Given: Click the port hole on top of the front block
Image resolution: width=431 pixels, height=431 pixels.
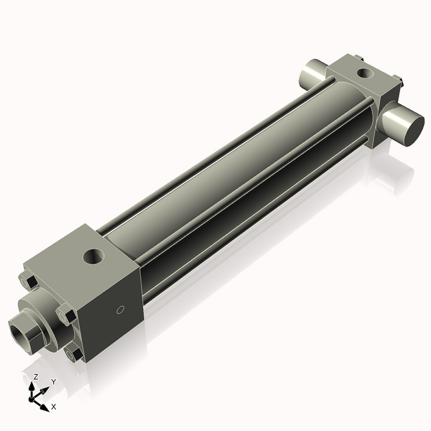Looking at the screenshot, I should pos(94,255).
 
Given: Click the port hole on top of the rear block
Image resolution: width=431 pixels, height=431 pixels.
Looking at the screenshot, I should pos(366,72).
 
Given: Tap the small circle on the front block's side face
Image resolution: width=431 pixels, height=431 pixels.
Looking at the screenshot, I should pos(121,311).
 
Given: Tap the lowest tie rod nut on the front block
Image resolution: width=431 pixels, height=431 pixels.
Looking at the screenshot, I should pos(74,354).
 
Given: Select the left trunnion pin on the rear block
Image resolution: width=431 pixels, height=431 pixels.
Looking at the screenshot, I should pos(315,73).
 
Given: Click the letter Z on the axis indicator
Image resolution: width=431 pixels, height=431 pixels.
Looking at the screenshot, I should pos(35,376).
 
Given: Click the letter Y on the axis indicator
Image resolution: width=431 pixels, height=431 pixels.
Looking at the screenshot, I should pos(53,381).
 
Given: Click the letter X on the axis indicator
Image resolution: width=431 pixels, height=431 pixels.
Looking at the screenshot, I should pos(55,407).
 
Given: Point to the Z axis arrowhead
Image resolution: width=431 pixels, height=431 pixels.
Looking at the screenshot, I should pos(33,386).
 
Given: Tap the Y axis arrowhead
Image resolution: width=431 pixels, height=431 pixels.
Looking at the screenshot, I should pos(45,389).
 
